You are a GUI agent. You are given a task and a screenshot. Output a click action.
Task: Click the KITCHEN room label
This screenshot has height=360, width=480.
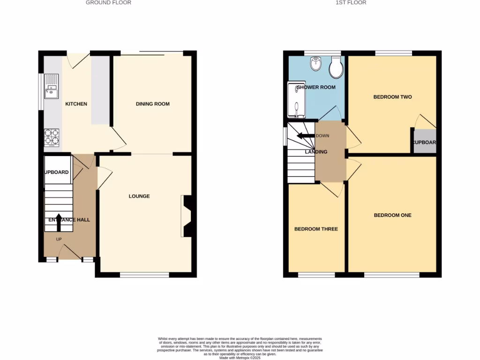(x=76, y=104)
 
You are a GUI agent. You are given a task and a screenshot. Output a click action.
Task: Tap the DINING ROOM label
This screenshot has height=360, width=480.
(x=152, y=104)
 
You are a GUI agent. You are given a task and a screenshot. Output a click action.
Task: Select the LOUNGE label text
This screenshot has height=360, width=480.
(x=139, y=196)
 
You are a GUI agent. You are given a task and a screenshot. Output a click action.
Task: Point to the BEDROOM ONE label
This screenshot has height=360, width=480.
(x=392, y=216)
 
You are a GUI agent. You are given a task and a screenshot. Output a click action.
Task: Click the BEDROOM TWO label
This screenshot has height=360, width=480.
(x=392, y=97)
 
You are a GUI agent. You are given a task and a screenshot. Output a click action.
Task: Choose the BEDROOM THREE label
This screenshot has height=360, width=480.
(x=315, y=229)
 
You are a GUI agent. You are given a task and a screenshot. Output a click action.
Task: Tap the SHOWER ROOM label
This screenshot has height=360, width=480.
(x=315, y=87)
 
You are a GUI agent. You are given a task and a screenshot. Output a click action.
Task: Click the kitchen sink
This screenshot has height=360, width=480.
(x=51, y=87)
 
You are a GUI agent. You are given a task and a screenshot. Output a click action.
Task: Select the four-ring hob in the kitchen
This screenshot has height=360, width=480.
(x=51, y=137)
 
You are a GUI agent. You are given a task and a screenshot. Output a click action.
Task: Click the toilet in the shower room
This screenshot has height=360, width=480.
(x=336, y=68)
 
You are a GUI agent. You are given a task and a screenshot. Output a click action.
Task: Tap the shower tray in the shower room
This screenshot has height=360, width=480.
(x=296, y=100)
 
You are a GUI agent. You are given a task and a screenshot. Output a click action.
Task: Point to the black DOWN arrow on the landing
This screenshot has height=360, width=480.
(x=305, y=136)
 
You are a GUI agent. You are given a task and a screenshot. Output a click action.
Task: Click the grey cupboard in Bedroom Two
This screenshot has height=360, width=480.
(x=424, y=142)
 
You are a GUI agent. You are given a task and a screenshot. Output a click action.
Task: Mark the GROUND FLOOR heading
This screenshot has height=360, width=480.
(x=108, y=3)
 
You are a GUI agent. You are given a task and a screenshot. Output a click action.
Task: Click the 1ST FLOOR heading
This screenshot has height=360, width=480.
(x=351, y=3)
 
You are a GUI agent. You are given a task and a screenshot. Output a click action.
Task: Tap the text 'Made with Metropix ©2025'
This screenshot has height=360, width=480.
(x=240, y=358)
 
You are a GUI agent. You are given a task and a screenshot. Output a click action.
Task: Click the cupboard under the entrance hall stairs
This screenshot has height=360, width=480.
(x=57, y=169)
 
